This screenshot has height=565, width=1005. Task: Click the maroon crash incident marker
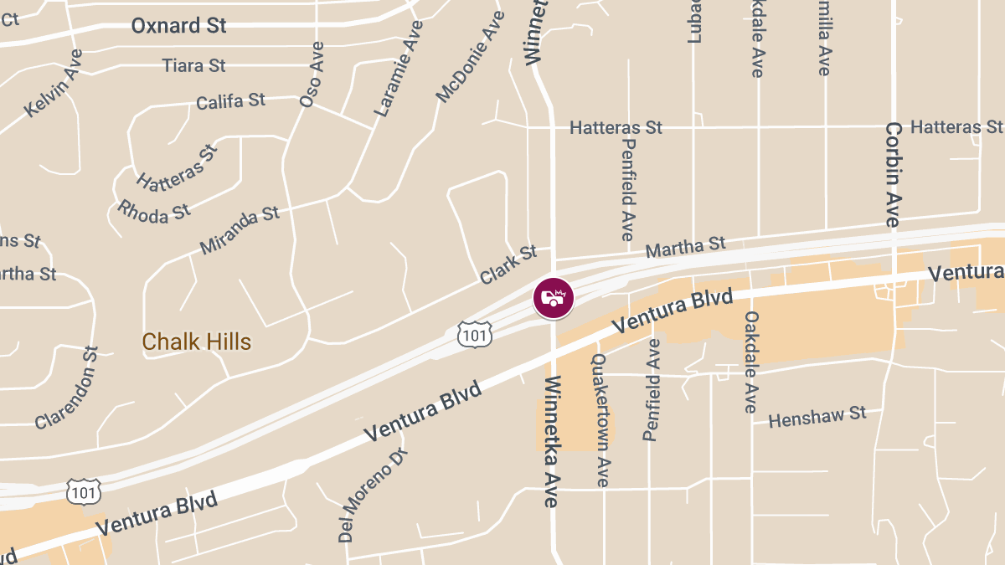(x=554, y=298)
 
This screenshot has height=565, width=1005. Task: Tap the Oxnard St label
(x=178, y=26)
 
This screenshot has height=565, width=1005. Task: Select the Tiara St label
(x=193, y=65)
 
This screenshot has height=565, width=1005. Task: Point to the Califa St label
(x=230, y=101)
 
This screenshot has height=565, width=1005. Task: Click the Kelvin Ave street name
(x=54, y=83)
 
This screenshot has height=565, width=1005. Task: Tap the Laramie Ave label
(x=398, y=68)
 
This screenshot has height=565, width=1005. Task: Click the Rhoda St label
(x=154, y=210)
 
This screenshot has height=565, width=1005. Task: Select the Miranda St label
(x=240, y=230)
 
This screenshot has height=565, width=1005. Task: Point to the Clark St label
(x=508, y=265)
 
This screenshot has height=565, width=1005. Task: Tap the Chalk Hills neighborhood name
(x=197, y=342)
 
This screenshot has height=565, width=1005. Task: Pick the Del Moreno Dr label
(x=373, y=493)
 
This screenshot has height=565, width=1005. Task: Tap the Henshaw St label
(x=817, y=416)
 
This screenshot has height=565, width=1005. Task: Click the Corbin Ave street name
(x=893, y=174)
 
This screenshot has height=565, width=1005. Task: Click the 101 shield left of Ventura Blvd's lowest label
(x=84, y=492)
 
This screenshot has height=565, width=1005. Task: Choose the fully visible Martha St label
(x=686, y=247)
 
